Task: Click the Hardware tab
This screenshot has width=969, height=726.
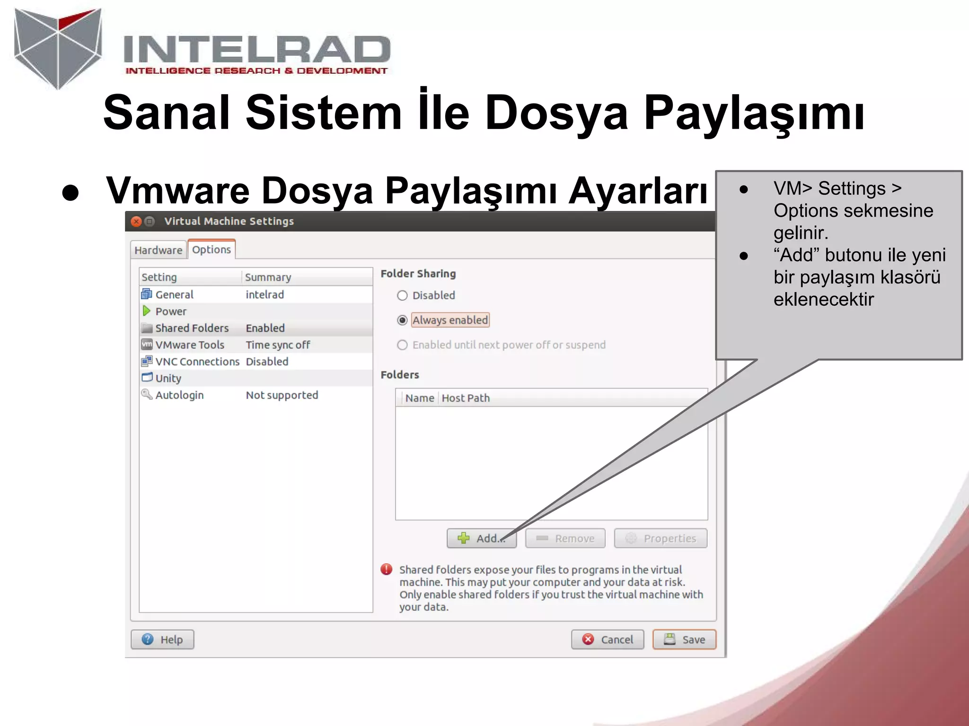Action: point(158,250)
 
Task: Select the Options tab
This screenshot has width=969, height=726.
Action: point(211,250)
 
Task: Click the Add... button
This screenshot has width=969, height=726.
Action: point(481,538)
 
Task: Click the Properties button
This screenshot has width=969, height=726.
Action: point(661,538)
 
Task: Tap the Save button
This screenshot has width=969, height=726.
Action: point(684,640)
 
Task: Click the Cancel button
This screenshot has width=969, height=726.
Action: point(608,640)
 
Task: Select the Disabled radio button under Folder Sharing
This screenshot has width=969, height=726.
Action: point(402,295)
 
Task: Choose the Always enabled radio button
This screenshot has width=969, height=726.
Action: point(402,320)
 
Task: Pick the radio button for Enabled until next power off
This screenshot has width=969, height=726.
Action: point(402,345)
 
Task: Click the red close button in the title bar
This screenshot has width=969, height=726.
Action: point(136,221)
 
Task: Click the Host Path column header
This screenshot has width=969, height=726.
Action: point(466,398)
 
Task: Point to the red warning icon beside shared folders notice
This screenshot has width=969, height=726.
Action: point(387,570)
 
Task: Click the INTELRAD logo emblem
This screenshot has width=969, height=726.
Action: point(58,47)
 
